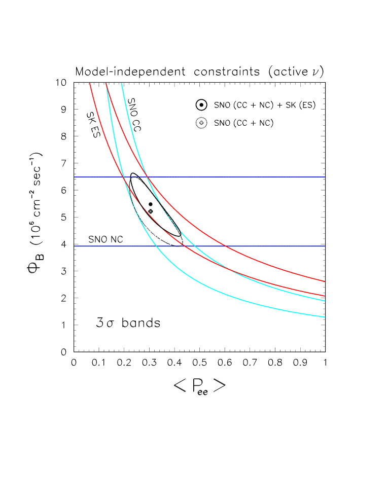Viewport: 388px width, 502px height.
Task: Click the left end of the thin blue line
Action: pyautogui.click(x=75, y=177)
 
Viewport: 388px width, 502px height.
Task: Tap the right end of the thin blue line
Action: pyautogui.click(x=325, y=177)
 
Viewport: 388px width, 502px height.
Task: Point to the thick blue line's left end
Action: pyautogui.click(x=75, y=246)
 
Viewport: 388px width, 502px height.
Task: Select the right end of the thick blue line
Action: pyautogui.click(x=325, y=246)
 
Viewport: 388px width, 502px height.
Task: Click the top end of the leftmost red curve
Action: pyautogui.click(x=90, y=83)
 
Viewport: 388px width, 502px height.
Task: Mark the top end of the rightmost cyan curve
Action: pyautogui.click(x=122, y=83)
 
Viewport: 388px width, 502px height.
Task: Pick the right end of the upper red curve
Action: pyautogui.click(x=325, y=281)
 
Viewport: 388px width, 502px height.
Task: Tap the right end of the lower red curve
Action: pyautogui.click(x=325, y=296)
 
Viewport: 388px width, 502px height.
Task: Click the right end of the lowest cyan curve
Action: pyautogui.click(x=325, y=317)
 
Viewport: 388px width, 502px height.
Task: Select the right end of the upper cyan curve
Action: pyautogui.click(x=325, y=301)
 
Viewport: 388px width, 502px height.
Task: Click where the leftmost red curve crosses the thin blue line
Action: pyautogui.click(x=124, y=177)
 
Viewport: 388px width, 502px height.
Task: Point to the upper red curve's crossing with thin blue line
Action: pyautogui.click(x=147, y=177)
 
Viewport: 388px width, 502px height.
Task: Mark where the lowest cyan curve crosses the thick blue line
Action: pyautogui.click(x=156, y=246)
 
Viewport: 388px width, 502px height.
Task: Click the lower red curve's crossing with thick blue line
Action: pyautogui.click(x=181, y=246)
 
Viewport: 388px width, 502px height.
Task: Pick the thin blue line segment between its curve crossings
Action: pyautogui.click(x=135, y=177)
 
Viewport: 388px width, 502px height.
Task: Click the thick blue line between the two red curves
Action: pyautogui.click(x=203, y=246)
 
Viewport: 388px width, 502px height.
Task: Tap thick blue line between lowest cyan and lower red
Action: pyautogui.click(x=168, y=246)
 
